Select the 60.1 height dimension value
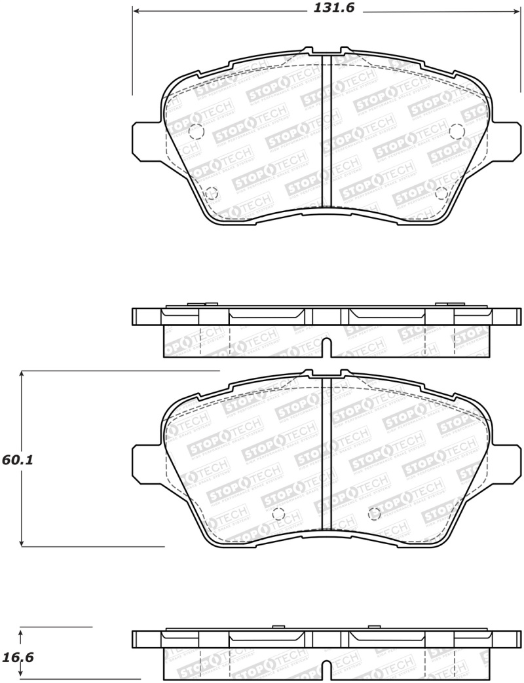(x=18, y=460)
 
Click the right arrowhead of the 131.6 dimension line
(x=517, y=11)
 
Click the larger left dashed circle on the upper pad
(x=196, y=132)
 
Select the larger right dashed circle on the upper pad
(x=457, y=131)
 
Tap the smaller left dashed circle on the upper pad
(x=211, y=193)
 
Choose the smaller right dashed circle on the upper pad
(x=441, y=193)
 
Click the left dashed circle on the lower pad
(x=278, y=514)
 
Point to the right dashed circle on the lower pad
(x=375, y=514)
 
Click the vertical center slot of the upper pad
(x=327, y=131)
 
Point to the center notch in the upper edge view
(x=327, y=346)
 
